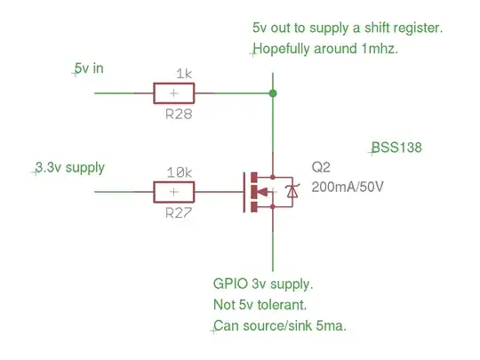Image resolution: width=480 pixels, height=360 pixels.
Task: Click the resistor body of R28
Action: (x=174, y=92)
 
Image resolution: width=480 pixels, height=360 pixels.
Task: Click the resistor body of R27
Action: (x=174, y=191)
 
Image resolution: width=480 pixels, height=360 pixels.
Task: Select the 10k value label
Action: (x=180, y=173)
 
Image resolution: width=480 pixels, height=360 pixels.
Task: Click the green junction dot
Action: (x=273, y=92)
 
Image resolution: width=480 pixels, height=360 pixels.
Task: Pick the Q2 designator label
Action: (x=320, y=169)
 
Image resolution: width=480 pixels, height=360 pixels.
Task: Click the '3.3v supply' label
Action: (x=70, y=167)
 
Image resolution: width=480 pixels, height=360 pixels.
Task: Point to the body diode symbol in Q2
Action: (x=291, y=191)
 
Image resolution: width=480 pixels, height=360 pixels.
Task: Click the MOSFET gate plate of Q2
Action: (x=245, y=191)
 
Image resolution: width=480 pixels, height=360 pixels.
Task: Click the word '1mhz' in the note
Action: (x=377, y=49)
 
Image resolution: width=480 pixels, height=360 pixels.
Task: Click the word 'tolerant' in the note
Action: (x=284, y=305)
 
